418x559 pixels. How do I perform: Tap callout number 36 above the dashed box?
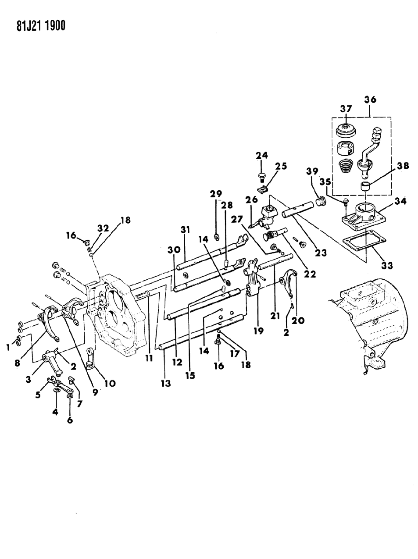click(370, 100)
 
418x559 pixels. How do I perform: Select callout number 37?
click(347, 108)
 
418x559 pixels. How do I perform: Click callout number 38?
click(403, 166)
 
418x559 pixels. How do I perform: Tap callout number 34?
click(400, 201)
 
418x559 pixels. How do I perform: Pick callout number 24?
click(262, 155)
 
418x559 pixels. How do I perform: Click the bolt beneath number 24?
click(262, 177)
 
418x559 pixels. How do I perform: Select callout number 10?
click(110, 383)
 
